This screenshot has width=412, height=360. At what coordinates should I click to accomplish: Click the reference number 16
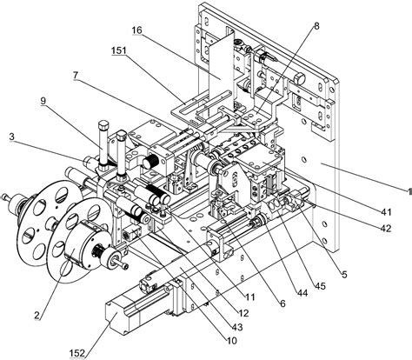[136, 30]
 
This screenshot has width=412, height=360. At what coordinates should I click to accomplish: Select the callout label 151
[119, 50]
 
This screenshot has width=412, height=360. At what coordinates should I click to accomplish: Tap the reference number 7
[76, 76]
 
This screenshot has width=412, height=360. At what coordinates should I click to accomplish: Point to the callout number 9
[43, 101]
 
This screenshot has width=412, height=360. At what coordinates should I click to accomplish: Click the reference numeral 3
[11, 137]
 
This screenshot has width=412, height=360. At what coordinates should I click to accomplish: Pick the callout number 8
[316, 26]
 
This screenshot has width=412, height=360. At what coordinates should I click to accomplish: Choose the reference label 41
[386, 212]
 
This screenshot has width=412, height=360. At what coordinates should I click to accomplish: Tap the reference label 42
[386, 229]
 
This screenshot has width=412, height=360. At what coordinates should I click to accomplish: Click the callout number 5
[344, 274]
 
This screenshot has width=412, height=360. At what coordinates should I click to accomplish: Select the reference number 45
[321, 286]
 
